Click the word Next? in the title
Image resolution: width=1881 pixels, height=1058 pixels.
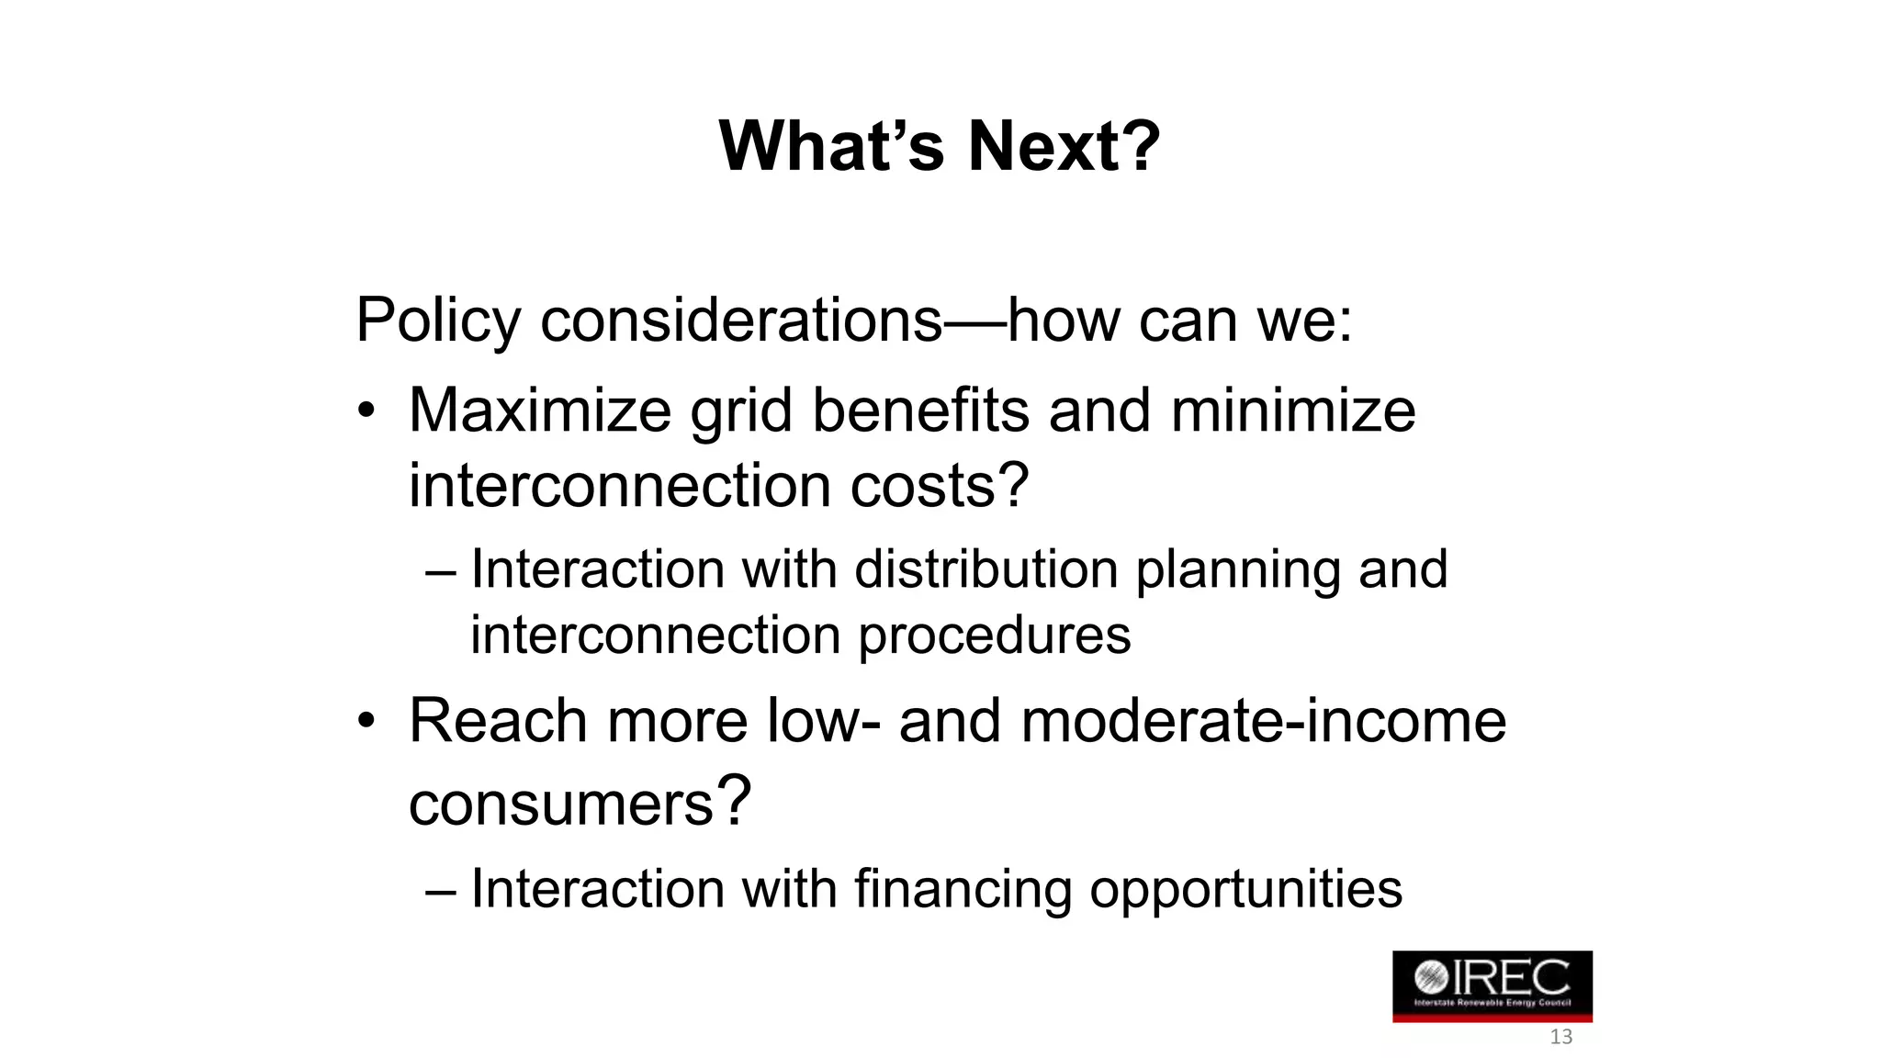[x=1064, y=147]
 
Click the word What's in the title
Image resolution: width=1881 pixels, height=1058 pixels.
[x=831, y=147]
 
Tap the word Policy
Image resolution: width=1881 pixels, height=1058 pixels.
[x=438, y=321]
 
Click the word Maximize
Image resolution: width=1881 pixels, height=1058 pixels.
[x=540, y=411]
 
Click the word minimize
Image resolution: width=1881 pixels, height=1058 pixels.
[x=1293, y=411]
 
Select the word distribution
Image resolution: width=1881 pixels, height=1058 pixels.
[x=987, y=569]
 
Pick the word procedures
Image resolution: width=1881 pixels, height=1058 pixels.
[x=994, y=636]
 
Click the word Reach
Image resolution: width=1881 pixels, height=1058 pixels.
[x=497, y=721]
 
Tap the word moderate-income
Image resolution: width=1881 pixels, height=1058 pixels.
[x=1263, y=721]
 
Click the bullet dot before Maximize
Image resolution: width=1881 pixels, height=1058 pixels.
[x=366, y=411]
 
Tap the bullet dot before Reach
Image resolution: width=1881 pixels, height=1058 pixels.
[x=366, y=722]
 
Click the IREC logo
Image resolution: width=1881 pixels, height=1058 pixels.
[x=1492, y=985]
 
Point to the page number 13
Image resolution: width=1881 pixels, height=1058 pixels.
[x=1560, y=1038]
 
